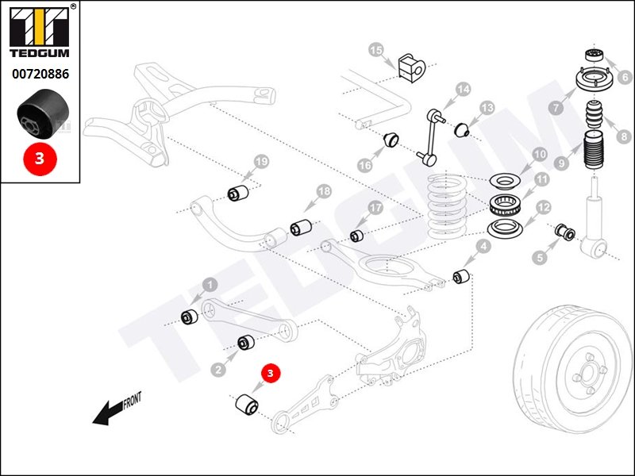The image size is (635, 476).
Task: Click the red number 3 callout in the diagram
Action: tap(270, 372)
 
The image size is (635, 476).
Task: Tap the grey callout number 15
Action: tap(375, 51)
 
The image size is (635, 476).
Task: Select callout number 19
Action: tap(261, 163)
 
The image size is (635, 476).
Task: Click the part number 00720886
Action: tap(40, 74)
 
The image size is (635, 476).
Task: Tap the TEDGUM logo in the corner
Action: tap(40, 32)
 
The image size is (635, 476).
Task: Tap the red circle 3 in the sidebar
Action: tap(40, 158)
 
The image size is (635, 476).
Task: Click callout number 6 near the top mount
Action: tap(624, 77)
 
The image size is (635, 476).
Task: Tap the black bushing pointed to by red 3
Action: tap(246, 405)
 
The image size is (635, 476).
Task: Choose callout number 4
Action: tap(483, 247)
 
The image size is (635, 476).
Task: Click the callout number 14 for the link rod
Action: tap(463, 89)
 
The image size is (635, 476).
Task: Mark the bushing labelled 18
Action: tap(300, 228)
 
